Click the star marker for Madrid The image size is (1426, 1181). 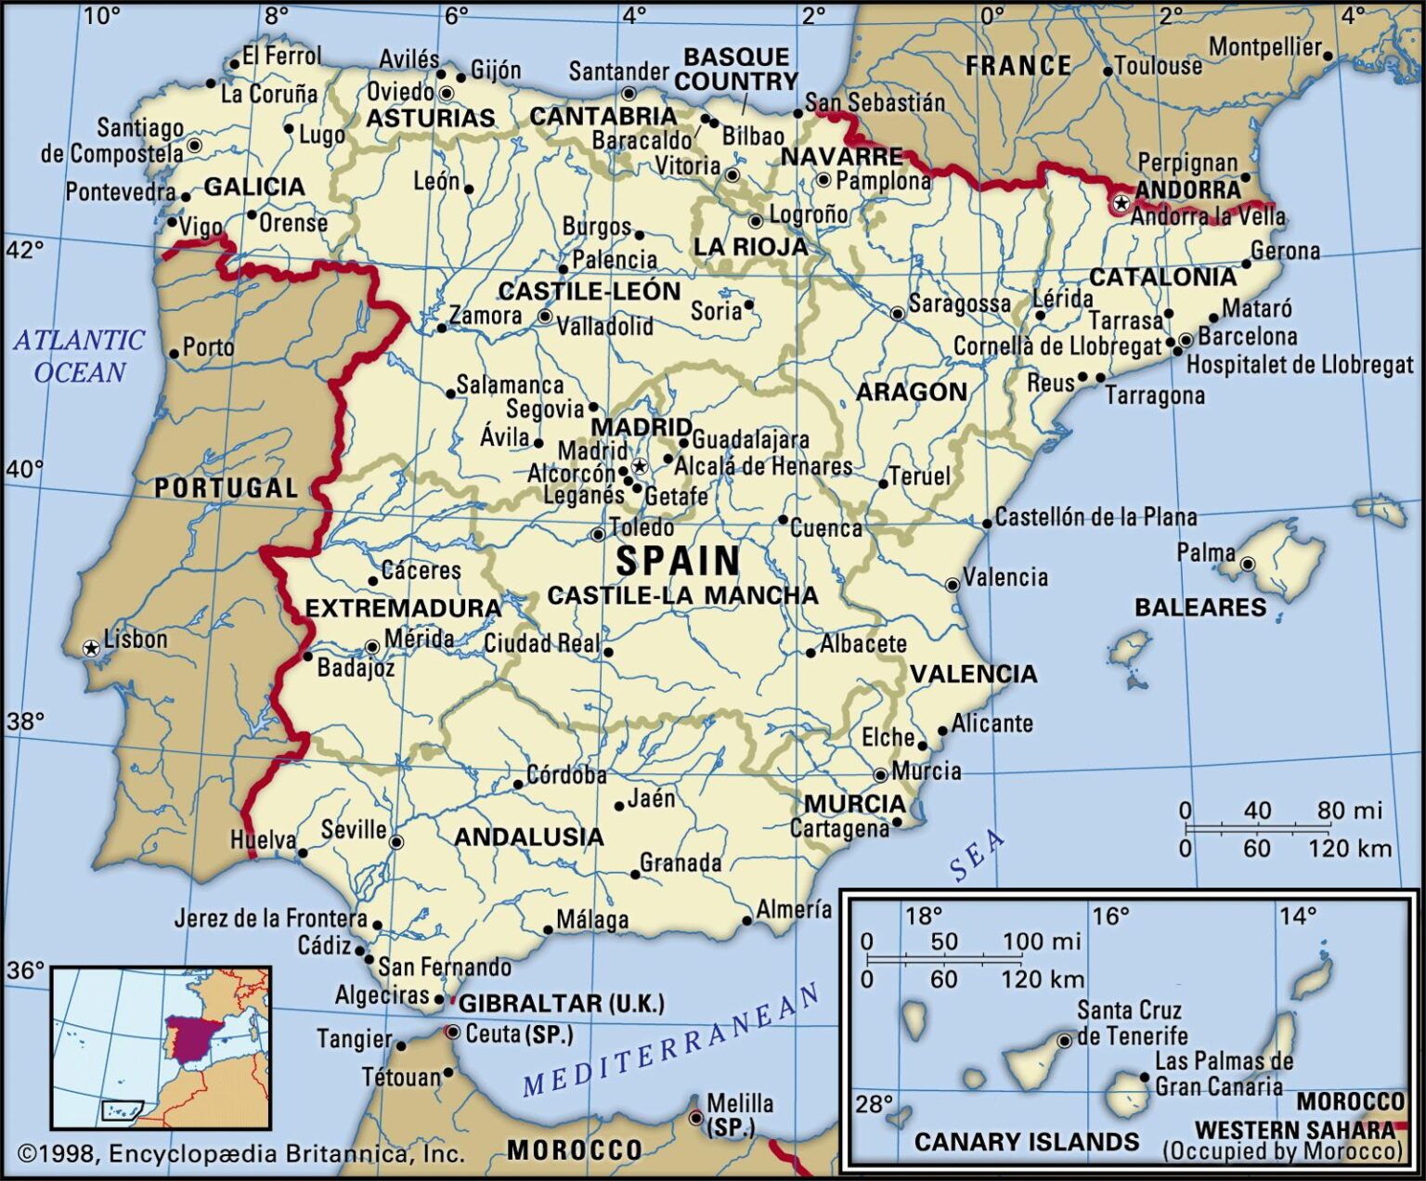point(639,466)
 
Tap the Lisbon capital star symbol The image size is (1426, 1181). point(91,648)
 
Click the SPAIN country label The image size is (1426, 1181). point(678,561)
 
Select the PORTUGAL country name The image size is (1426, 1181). point(226,488)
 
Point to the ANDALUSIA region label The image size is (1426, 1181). point(528,837)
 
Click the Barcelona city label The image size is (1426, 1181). point(1247,336)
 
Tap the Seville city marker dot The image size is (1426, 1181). point(396,842)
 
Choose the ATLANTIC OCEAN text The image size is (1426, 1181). point(79,356)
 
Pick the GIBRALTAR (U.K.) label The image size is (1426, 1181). point(562,1004)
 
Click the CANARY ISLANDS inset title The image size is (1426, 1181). point(1026,1141)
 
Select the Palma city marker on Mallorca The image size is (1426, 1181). point(1248,564)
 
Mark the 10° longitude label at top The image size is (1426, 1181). point(101,15)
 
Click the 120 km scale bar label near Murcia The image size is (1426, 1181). point(1349,848)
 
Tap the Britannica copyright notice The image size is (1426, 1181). point(240,1153)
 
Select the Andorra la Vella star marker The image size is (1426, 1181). point(1121,202)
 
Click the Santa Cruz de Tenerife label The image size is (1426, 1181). point(1131,1022)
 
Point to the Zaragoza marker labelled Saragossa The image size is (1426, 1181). point(897,314)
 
